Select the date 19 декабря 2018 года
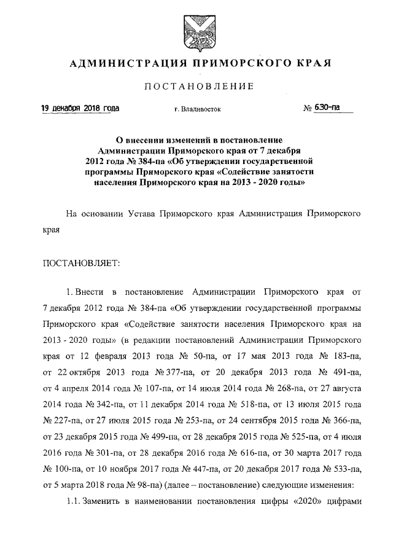(x=80, y=109)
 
